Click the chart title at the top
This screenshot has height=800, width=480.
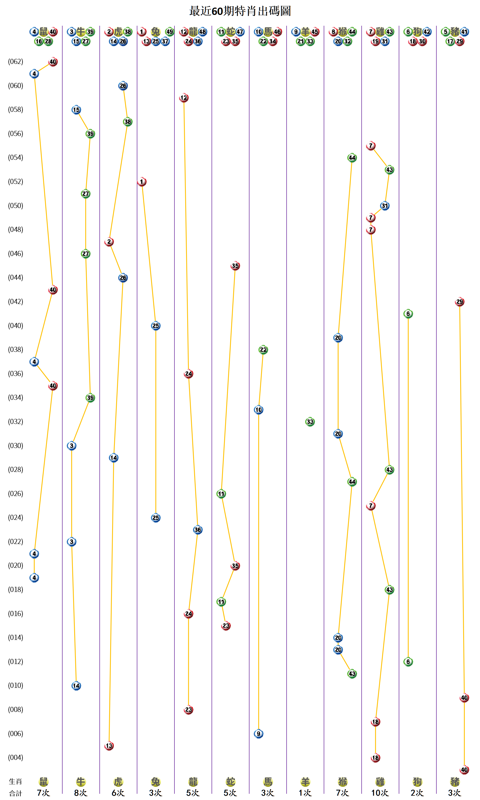click(240, 11)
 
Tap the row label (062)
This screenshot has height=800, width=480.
click(15, 62)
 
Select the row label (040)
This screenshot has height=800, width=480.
click(15, 326)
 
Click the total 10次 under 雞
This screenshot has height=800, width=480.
click(380, 793)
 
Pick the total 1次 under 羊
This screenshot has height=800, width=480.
click(305, 793)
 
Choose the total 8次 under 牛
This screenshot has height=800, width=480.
click(80, 793)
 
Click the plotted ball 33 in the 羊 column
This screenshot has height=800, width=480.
click(310, 422)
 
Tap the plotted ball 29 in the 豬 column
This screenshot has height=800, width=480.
click(459, 302)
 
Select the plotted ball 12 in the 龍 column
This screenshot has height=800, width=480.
click(184, 98)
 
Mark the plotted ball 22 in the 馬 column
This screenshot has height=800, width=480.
click(263, 350)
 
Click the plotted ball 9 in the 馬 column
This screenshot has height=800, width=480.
click(258, 734)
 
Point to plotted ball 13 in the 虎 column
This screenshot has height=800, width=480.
click(109, 746)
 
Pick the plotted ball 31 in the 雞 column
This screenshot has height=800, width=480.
click(385, 206)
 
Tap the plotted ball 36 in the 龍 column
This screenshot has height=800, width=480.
click(198, 530)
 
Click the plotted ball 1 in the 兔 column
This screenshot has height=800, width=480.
click(142, 182)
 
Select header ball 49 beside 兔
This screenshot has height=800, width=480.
click(170, 32)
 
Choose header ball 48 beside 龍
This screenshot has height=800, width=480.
click(202, 32)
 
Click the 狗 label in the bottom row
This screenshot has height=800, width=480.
click(417, 782)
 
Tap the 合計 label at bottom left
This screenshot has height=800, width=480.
click(15, 793)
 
